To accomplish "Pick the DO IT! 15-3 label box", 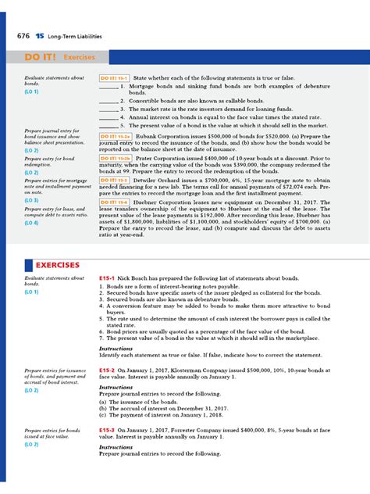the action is point(114,179).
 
